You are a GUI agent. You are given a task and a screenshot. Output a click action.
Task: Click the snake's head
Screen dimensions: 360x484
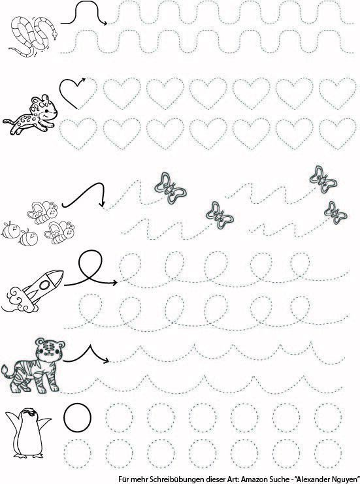pyautogui.click(x=55, y=35)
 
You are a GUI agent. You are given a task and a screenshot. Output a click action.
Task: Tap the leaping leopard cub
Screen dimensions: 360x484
pyautogui.click(x=31, y=115)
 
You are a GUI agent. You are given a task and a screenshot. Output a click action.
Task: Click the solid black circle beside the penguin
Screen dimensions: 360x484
pyautogui.click(x=78, y=417)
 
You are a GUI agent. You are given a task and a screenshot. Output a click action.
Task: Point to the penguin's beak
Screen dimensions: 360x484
pyautogui.click(x=29, y=411)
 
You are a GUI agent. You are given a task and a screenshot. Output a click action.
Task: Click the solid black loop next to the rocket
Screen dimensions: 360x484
pyautogui.click(x=90, y=265)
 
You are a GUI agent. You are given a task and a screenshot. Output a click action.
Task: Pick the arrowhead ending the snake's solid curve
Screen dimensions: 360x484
pyautogui.click(x=105, y=23)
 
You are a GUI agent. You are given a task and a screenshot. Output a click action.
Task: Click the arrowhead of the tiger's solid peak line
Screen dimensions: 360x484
pyautogui.click(x=106, y=360)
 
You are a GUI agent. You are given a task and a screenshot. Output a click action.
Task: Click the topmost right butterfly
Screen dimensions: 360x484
pyautogui.click(x=323, y=179)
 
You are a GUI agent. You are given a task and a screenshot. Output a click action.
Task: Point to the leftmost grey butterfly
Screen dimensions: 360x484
pyautogui.click(x=170, y=188)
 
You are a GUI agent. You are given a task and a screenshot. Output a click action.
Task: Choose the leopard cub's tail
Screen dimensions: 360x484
pyautogui.click(x=9, y=121)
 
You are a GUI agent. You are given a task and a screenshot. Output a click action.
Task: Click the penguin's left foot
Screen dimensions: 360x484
pyautogui.click(x=21, y=456)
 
